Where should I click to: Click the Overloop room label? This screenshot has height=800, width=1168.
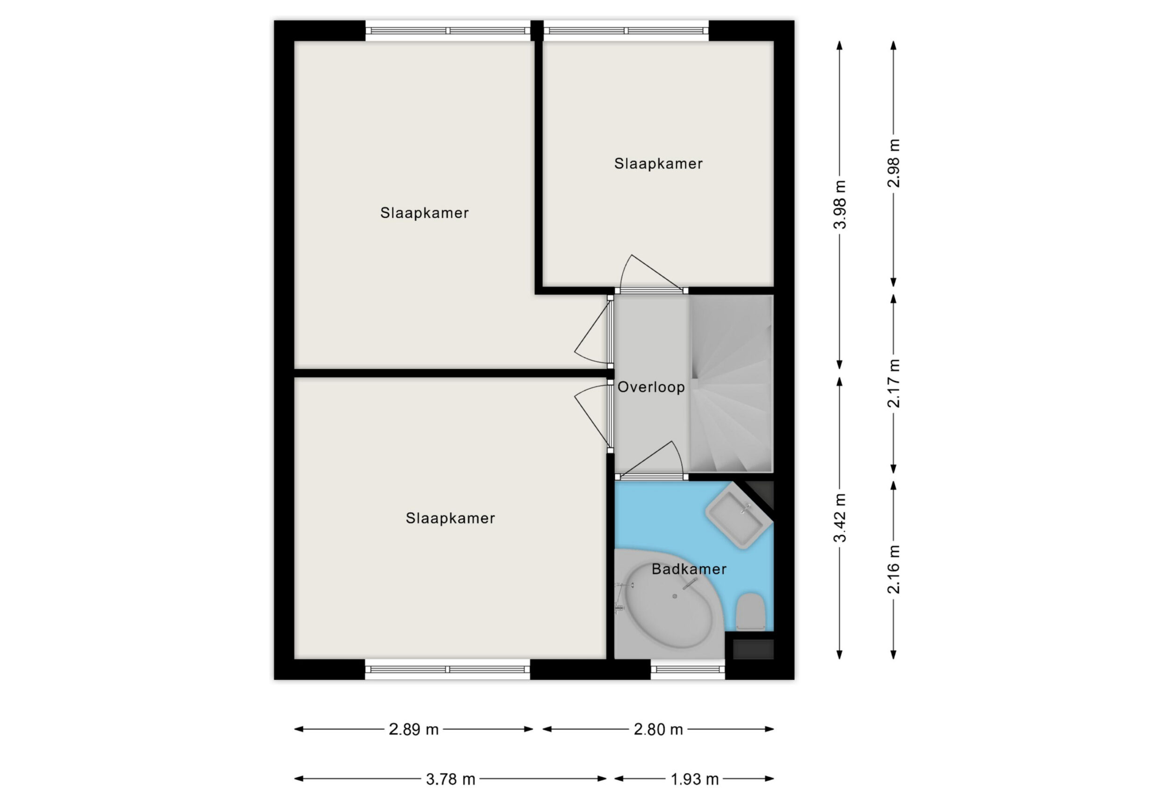pos(651,387)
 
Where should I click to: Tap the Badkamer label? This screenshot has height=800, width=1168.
pos(689,569)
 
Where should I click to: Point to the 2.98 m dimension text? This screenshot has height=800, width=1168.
pos(894,163)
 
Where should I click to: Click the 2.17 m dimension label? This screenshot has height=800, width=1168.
pos(894,383)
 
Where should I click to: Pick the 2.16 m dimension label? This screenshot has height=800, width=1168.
pos(894,569)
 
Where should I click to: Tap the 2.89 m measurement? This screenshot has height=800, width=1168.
pos(413,729)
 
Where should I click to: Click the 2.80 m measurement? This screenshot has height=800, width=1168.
pos(658,729)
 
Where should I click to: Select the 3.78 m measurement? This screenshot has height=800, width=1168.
pos(450,779)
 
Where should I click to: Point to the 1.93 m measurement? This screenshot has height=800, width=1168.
pos(695,779)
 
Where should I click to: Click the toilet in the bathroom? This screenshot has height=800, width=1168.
pos(751,612)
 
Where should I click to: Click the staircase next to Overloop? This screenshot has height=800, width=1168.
pos(731,384)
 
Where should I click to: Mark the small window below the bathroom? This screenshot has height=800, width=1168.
pos(688,669)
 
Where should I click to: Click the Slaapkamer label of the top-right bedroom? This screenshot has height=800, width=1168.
pos(658,164)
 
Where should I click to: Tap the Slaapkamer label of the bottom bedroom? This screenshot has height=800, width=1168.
pos(450,518)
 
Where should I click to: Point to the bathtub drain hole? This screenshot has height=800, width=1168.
pos(675,596)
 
